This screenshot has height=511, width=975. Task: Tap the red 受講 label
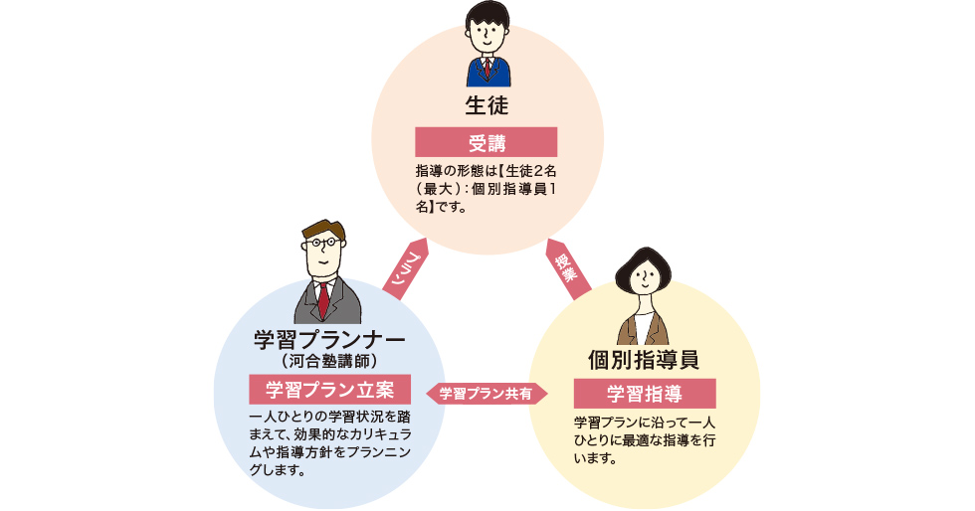tap(487, 142)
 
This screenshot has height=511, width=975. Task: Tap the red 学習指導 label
tap(645, 391)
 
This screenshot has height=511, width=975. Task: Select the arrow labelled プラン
tap(406, 268)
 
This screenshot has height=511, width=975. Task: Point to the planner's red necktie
tap(324, 298)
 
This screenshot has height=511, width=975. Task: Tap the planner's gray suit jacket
tap(303, 303)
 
